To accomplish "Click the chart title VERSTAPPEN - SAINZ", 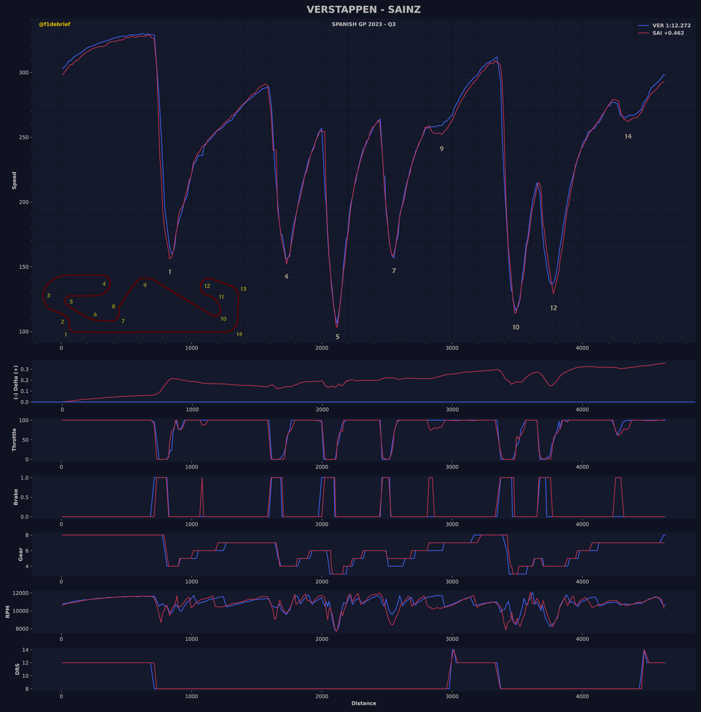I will click(363, 10).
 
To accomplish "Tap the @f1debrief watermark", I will click(54, 24).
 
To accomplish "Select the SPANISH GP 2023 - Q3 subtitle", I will click(363, 24).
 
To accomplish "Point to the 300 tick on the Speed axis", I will click(24, 73).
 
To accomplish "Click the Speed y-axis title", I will click(14, 180).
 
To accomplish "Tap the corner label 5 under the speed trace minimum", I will click(337, 337).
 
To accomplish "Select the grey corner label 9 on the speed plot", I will click(441, 149).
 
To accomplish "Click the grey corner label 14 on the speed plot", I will click(628, 136).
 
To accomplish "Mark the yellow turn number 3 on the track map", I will click(49, 296).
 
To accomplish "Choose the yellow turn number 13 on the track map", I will click(243, 289).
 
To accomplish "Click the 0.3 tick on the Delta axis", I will click(25, 369).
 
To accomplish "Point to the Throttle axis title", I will click(14, 439).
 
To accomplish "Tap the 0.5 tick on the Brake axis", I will click(25, 497).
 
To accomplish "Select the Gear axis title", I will click(20, 554).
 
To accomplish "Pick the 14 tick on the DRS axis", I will click(25, 650).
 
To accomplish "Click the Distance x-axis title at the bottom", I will click(363, 703).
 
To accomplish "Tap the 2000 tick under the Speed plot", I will click(322, 348).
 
